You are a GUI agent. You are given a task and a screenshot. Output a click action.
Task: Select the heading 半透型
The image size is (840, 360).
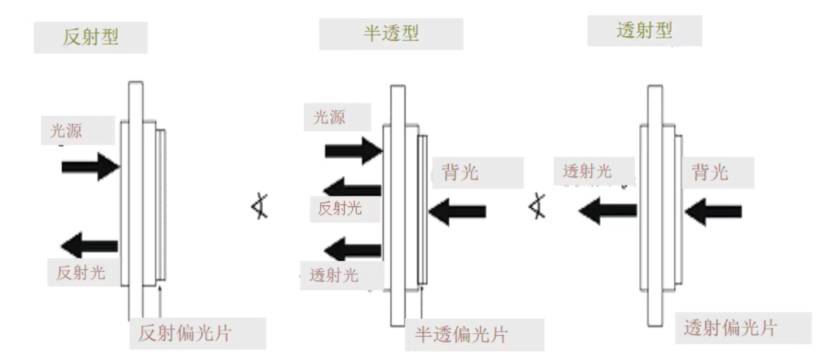(391, 33)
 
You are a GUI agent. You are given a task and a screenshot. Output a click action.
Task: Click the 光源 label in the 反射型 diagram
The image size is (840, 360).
(65, 131)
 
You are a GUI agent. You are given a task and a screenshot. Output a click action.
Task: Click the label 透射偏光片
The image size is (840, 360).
(729, 328)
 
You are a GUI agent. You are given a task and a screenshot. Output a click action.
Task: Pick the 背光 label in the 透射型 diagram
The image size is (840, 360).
(710, 172)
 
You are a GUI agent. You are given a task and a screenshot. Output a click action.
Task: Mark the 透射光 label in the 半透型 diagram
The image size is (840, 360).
(333, 276)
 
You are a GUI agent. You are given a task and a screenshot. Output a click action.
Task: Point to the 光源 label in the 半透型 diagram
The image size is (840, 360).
(329, 117)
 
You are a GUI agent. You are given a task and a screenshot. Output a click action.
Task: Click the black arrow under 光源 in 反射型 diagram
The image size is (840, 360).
(91, 167)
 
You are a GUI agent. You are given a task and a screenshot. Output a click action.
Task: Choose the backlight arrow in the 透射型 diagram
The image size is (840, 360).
(712, 212)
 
